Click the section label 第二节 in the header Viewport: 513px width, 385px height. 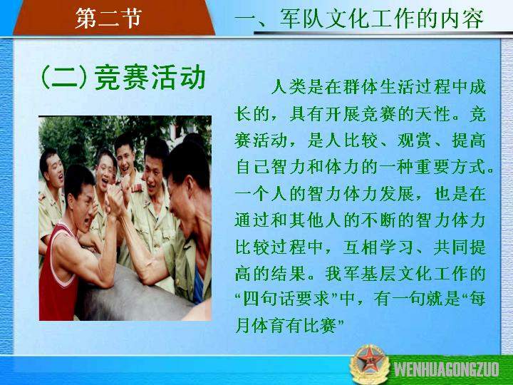(x=108, y=18)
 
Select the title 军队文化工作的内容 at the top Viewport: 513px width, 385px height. (x=381, y=19)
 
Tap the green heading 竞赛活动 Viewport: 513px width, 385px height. (x=150, y=77)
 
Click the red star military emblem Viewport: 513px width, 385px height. (x=369, y=364)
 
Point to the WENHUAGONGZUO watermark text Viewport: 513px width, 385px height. (x=446, y=369)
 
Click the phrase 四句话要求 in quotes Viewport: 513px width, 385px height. (x=286, y=299)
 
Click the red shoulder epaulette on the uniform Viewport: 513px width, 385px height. (x=137, y=188)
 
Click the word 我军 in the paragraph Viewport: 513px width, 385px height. (x=343, y=273)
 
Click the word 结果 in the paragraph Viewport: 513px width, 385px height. (x=289, y=273)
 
